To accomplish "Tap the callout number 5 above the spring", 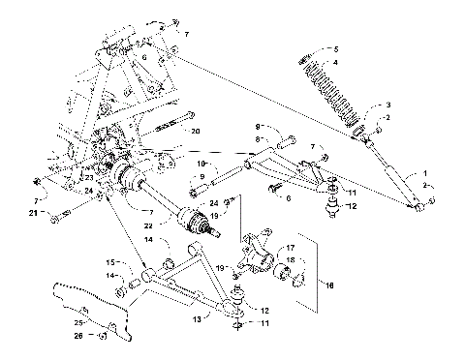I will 337,48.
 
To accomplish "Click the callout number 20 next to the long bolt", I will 196,131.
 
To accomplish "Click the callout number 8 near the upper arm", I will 259,138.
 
